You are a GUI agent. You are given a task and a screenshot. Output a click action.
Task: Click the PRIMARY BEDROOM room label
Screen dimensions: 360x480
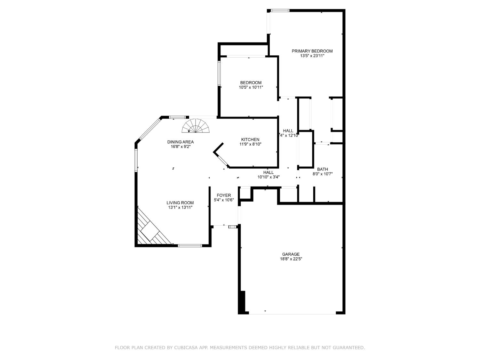(x=312, y=51)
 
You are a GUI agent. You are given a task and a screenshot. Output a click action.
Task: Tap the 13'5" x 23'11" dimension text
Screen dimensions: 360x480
(x=312, y=56)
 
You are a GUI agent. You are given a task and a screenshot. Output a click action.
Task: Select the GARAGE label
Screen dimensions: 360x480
(x=291, y=254)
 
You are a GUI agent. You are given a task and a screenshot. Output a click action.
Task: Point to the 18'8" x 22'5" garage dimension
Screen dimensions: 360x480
(x=291, y=259)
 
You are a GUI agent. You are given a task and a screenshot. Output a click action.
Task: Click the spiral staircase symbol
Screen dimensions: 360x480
(x=196, y=126)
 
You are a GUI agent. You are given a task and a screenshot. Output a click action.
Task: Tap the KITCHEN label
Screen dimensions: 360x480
(x=250, y=140)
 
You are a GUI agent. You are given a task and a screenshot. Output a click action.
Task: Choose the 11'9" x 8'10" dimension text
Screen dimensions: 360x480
(x=250, y=144)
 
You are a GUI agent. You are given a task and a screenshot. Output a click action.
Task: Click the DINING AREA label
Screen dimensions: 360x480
(x=180, y=142)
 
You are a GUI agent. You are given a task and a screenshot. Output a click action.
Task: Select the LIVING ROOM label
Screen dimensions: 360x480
(x=180, y=203)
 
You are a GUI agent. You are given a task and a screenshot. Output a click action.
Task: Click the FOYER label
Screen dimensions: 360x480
(x=224, y=196)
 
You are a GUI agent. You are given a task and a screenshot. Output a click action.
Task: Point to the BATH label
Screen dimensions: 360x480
(x=323, y=169)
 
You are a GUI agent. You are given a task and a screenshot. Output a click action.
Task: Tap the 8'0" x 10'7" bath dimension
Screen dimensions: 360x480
(x=323, y=174)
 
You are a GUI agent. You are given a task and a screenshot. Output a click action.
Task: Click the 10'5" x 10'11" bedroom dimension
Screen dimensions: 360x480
(x=251, y=87)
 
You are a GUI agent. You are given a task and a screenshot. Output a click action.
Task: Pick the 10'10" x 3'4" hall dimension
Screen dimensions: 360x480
(x=268, y=177)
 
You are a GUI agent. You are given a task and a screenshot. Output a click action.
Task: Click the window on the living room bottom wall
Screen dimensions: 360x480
(x=190, y=246)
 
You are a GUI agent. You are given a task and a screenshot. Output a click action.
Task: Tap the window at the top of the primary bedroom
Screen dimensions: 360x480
(x=280, y=11)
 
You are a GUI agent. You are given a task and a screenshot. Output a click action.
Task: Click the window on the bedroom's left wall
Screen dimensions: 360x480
(x=219, y=73)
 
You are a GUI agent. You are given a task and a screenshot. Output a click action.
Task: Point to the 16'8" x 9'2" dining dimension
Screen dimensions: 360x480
(x=180, y=147)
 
